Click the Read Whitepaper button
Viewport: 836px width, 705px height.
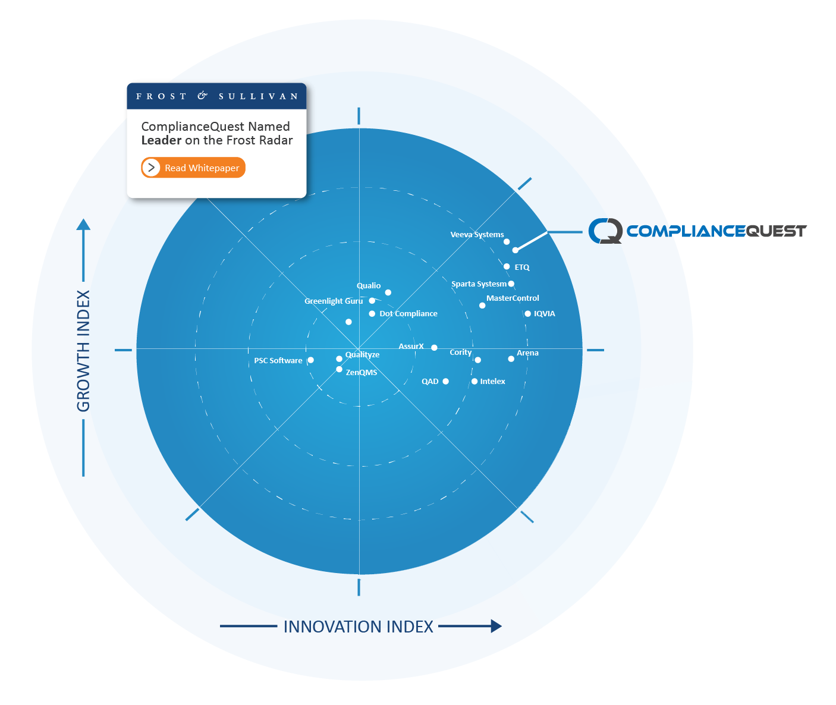coord(193,168)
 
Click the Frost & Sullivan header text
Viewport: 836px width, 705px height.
coord(216,96)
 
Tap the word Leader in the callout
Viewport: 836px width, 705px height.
coord(161,140)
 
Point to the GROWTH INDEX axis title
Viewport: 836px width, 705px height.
coord(83,351)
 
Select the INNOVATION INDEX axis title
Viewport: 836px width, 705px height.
coord(358,627)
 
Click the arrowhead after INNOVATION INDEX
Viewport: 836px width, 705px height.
coord(496,626)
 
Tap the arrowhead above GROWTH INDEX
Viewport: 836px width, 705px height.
coord(83,225)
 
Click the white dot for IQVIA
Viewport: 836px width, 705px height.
coord(527,314)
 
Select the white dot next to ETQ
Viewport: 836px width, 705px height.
coord(507,267)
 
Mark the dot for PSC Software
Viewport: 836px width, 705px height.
coord(310,360)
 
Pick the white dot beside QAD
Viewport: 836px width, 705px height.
coord(445,382)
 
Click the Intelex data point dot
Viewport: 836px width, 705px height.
coord(474,382)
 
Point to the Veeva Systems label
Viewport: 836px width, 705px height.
coord(477,235)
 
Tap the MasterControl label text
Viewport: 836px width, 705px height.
coord(513,298)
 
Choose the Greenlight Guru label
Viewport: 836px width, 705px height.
coord(334,301)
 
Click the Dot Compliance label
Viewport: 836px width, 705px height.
coord(408,314)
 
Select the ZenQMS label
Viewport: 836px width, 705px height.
coord(362,373)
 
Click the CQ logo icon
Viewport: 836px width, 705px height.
coord(605,231)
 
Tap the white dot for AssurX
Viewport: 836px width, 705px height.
coord(434,348)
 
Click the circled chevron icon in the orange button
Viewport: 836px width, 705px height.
coord(152,168)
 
